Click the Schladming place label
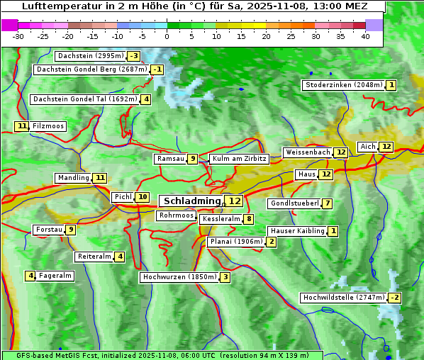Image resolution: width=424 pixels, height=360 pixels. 192,201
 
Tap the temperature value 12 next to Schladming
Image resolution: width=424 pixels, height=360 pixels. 235,201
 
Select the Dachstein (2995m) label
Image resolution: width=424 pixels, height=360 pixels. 90,56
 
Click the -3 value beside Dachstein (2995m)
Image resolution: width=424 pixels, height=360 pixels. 133,56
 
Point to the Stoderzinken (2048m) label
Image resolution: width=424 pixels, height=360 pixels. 343,85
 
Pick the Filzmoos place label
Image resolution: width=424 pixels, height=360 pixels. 48,126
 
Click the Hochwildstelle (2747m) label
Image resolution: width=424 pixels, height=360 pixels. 343,298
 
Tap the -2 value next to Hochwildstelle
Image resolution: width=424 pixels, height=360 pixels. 394,298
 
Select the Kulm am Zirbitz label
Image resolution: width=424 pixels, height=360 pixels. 239,159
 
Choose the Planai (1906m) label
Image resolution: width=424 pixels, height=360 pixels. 237,242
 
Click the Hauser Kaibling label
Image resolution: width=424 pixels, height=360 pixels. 297,231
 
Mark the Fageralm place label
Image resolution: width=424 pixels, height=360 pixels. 55,276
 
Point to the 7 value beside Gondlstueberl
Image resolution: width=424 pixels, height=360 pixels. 327,204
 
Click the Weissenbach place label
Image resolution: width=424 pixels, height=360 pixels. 308,152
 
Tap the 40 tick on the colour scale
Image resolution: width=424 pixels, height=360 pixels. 365,36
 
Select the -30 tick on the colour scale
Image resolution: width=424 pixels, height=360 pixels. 18,36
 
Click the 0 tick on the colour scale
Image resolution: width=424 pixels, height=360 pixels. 167,36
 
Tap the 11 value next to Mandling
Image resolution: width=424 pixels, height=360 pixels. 100,178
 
